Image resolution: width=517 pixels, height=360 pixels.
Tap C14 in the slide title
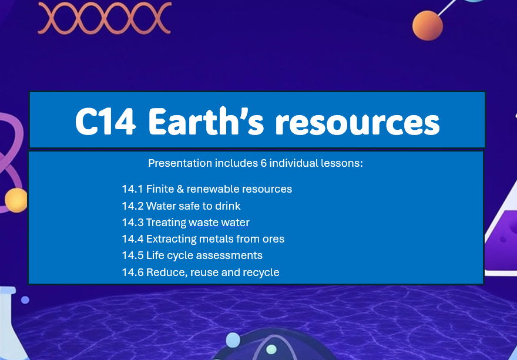108,122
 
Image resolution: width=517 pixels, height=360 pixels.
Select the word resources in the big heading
358,122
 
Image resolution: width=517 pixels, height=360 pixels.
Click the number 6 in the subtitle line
264,163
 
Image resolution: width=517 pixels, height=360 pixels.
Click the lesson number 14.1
132,189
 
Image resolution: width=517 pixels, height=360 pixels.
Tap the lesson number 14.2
133,206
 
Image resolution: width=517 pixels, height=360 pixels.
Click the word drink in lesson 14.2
227,206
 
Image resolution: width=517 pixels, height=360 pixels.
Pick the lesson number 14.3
133,223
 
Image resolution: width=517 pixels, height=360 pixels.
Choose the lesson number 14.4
133,239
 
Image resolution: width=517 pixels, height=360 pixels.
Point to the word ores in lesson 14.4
274,239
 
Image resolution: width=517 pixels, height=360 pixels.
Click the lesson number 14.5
133,255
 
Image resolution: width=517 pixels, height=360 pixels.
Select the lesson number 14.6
133,272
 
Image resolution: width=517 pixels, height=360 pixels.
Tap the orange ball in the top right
427,26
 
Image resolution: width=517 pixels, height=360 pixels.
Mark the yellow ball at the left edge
15,200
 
